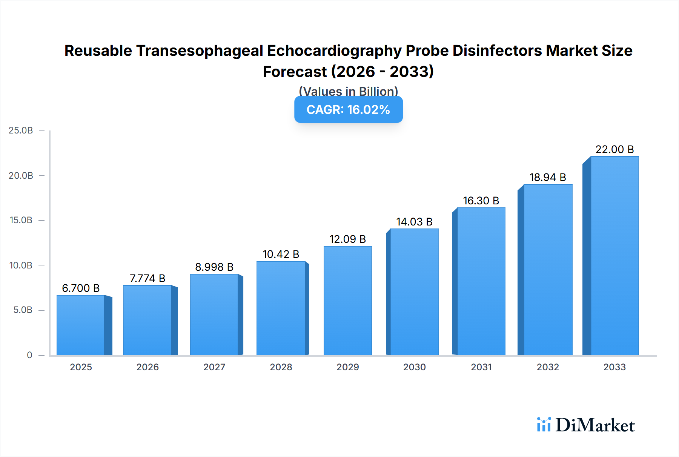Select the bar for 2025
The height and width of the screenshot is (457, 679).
click(x=81, y=325)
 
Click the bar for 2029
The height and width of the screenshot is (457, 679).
click(x=347, y=301)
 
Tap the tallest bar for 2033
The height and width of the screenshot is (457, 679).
click(x=614, y=256)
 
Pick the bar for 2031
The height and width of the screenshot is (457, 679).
click(x=481, y=281)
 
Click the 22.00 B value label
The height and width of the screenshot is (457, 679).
click(x=614, y=149)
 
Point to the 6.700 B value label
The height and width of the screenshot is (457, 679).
click(x=81, y=288)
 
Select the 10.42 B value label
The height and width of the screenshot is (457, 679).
click(x=281, y=254)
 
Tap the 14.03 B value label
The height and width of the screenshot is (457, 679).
click(x=414, y=222)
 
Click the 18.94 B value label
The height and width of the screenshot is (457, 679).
click(x=547, y=177)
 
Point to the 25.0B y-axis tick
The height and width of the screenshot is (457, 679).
click(x=21, y=130)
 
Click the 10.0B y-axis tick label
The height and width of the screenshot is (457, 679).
click(x=21, y=265)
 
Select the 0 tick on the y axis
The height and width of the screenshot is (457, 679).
click(x=29, y=355)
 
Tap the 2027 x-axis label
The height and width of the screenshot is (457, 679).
click(x=214, y=367)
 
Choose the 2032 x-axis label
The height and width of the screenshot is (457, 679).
click(x=548, y=367)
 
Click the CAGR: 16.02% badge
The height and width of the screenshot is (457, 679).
click(x=348, y=109)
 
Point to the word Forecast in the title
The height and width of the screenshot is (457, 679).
click(x=295, y=72)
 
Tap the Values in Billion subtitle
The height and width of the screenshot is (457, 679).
click(x=348, y=91)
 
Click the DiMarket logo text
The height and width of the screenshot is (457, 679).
click(x=595, y=425)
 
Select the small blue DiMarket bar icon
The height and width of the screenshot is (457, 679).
click(x=544, y=425)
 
